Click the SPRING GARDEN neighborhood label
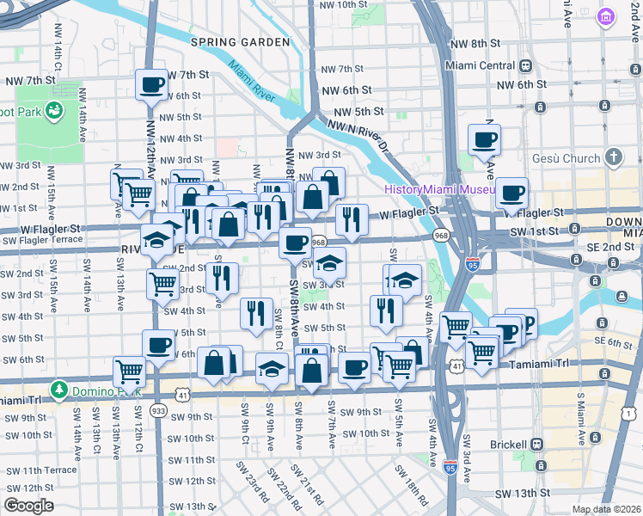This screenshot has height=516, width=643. point(240,41)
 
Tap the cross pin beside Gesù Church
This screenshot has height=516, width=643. point(613,157)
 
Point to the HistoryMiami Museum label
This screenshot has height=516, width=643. point(439,188)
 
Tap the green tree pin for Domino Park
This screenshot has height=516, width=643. point(58,390)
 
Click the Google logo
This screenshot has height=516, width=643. point(28,506)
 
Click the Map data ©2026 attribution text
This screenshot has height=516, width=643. point(606,509)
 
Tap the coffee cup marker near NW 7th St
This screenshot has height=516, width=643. point(152,85)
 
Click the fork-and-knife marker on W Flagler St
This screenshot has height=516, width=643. point(352,219)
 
